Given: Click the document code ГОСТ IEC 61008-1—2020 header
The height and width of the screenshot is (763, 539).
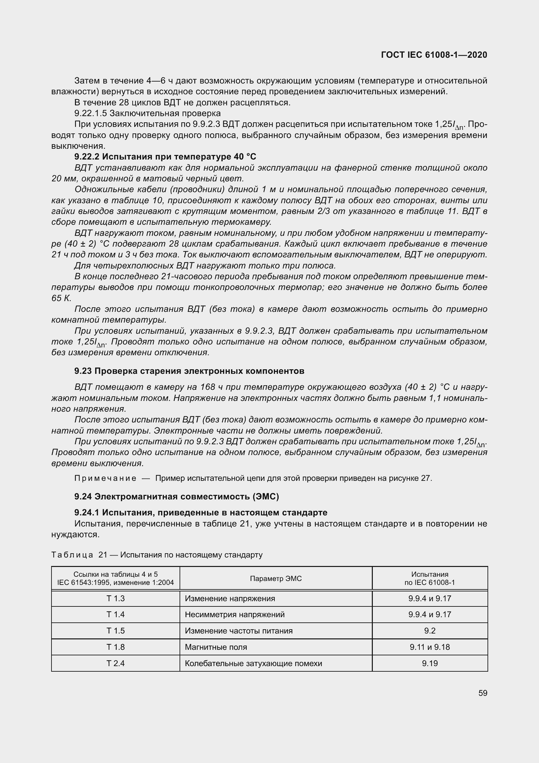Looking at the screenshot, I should click(434, 55).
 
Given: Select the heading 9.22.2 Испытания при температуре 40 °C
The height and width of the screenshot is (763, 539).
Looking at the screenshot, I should click(165, 157).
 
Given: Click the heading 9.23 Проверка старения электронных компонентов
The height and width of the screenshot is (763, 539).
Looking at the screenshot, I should click(189, 371).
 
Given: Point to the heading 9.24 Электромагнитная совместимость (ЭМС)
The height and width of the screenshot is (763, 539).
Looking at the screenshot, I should click(177, 496).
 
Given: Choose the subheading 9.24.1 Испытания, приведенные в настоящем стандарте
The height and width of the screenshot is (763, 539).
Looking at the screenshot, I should click(201, 512).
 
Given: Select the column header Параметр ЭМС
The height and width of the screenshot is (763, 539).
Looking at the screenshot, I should click(276, 579).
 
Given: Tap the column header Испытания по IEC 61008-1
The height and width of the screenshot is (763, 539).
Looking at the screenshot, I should click(430, 579).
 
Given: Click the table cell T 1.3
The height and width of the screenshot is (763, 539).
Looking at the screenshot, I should click(115, 599).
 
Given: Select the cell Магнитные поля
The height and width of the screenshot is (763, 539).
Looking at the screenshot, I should click(216, 647).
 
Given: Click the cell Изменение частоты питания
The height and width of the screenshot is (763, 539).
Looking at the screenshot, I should click(239, 631).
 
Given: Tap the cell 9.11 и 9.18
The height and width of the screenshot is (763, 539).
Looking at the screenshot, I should click(430, 647).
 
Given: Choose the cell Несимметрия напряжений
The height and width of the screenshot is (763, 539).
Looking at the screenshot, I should click(235, 615).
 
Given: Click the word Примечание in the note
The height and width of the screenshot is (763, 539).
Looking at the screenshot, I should click(105, 478).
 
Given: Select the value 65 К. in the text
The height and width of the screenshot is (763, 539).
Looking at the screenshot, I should click(61, 298).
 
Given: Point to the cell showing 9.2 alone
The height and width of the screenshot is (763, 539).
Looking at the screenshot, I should click(430, 631).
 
